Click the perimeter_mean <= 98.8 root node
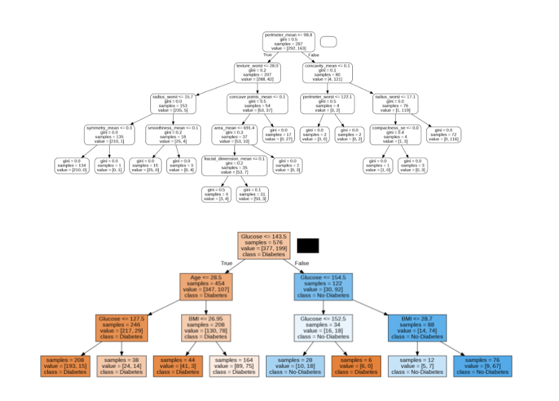pos(288,42)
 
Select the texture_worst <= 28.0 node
pos(257,73)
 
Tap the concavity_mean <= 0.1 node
pos(328,73)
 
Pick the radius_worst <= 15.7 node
pos(172,104)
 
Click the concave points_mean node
pos(258,104)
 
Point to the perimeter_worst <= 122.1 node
pos(327,104)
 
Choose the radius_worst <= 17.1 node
pos(396,104)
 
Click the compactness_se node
pos(396,134)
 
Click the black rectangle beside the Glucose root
pos(308,245)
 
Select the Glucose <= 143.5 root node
pos(264,246)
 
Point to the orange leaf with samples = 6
pos(356,366)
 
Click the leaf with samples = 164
pos(234,366)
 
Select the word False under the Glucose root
pos(302,263)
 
